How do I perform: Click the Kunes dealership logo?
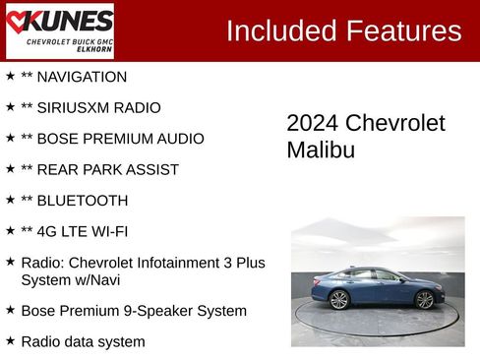pos(59,30)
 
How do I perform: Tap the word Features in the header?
pos(403,31)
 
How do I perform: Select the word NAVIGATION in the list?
pos(82,77)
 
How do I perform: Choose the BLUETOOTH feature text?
pos(82,201)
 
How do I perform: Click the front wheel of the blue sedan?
pos(425,300)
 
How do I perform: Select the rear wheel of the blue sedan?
pos(339,300)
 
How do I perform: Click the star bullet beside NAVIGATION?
pos(10,76)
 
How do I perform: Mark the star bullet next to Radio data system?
pos(10,340)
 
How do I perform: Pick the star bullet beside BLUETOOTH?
pos(10,200)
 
